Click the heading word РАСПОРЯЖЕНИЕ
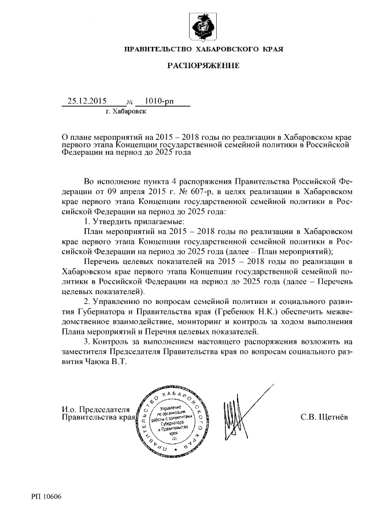(203, 66)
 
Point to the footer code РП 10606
(47, 496)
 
